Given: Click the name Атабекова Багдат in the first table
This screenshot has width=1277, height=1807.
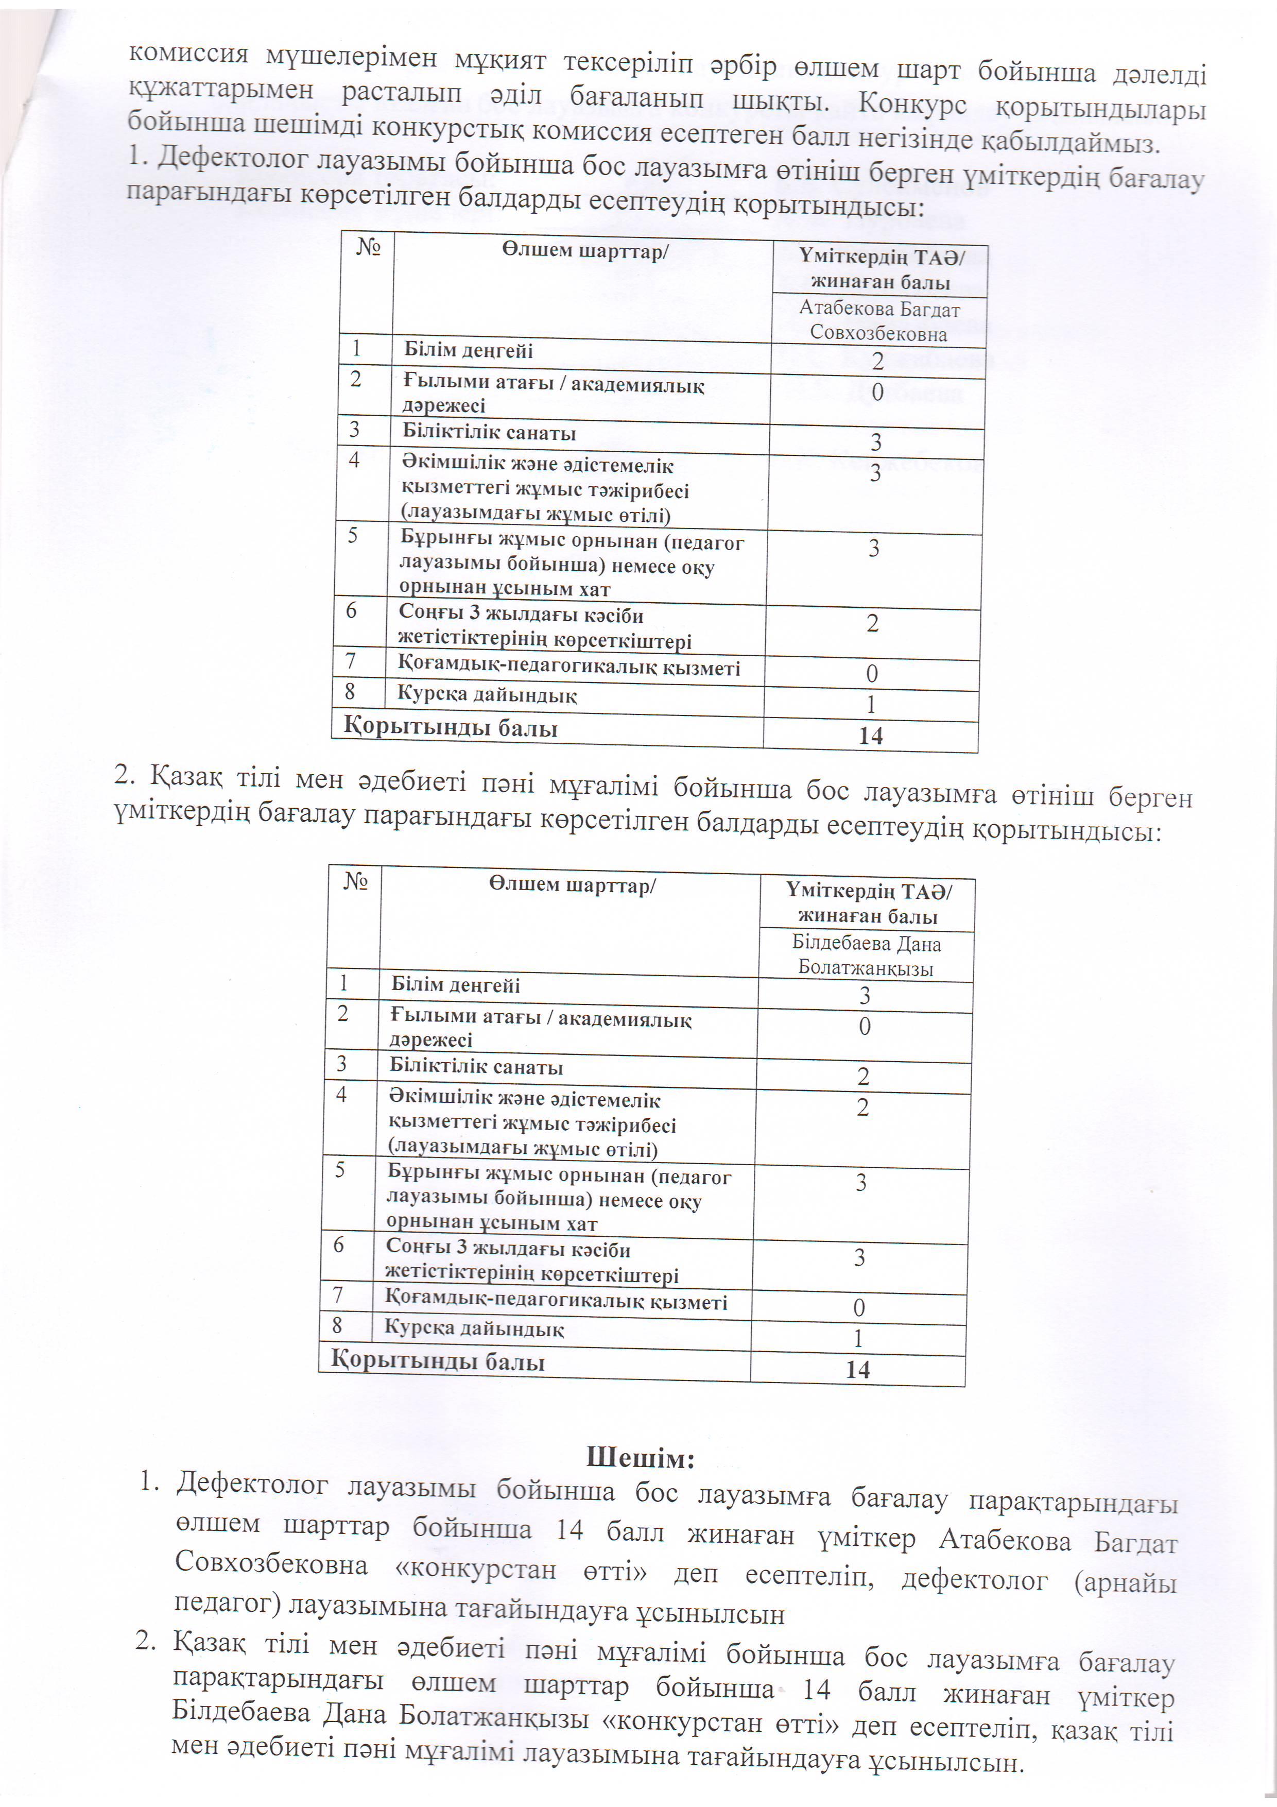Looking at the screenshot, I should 879,309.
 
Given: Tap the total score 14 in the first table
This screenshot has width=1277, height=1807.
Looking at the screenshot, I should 871,736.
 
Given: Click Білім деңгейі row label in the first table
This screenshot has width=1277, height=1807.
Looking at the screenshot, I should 468,350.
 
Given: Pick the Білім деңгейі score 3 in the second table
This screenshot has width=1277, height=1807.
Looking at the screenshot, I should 865,996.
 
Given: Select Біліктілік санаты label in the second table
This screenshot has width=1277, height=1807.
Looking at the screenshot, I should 476,1068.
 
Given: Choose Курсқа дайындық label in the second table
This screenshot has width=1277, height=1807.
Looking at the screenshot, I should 474,1329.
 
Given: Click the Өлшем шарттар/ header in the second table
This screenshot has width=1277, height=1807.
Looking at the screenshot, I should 572,885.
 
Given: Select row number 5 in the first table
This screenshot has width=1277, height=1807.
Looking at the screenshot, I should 353,536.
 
